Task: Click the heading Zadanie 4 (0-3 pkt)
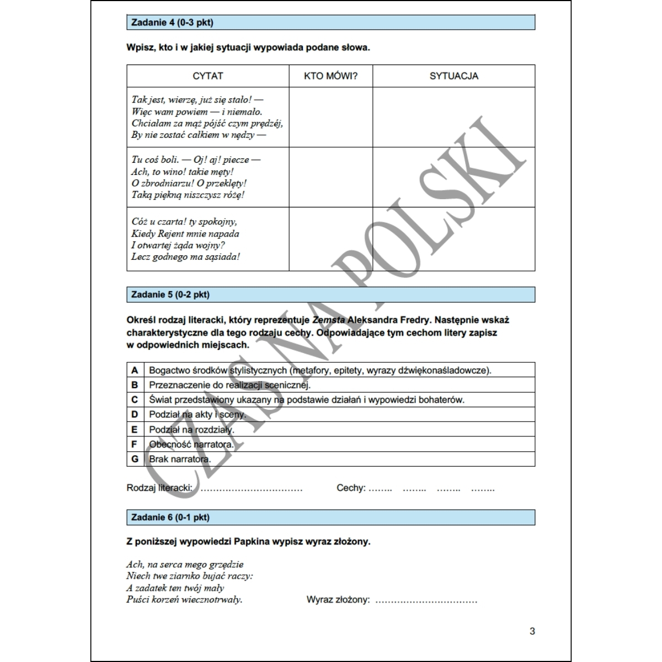[x=172, y=23]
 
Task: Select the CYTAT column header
[x=208, y=76]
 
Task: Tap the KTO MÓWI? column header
[x=331, y=76]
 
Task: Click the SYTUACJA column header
[x=454, y=76]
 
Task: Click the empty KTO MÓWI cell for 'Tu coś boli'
[x=331, y=177]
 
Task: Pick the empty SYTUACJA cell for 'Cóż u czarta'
[x=454, y=239]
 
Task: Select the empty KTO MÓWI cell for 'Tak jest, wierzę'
[x=331, y=117]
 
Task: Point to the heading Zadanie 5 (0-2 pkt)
[x=170, y=295]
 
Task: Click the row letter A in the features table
[x=135, y=370]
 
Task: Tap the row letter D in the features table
[x=135, y=414]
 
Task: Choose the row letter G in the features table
[x=135, y=459]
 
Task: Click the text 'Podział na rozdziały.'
[x=191, y=429]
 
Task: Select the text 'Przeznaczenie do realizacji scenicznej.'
[x=230, y=385]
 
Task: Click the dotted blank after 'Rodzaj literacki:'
[x=252, y=489]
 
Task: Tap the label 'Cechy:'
[x=351, y=488]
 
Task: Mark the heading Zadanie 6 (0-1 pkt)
[x=170, y=517]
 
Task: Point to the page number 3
[x=532, y=631]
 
